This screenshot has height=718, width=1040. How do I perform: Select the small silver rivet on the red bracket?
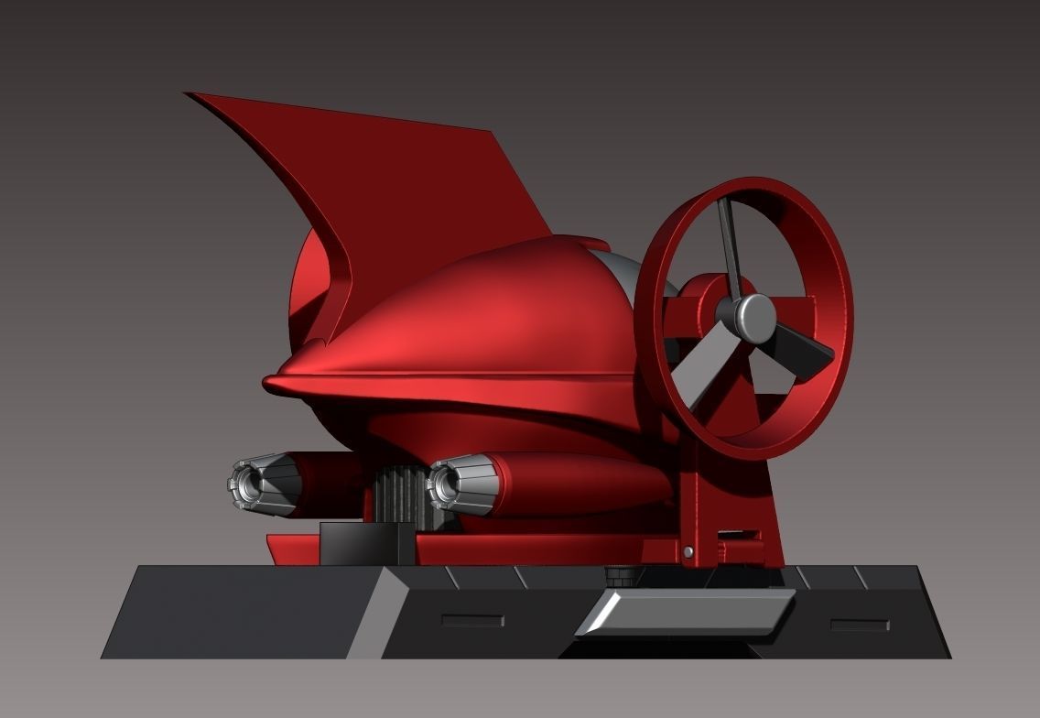pos(688,551)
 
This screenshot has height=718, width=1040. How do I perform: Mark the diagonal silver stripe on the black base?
pos(377,612)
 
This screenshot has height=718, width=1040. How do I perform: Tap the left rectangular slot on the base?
pos(471,621)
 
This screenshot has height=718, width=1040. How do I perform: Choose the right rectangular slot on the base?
pos(859,625)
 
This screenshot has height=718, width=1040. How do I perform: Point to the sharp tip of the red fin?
pos(190,94)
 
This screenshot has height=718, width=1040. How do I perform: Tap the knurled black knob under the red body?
pos(622,576)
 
